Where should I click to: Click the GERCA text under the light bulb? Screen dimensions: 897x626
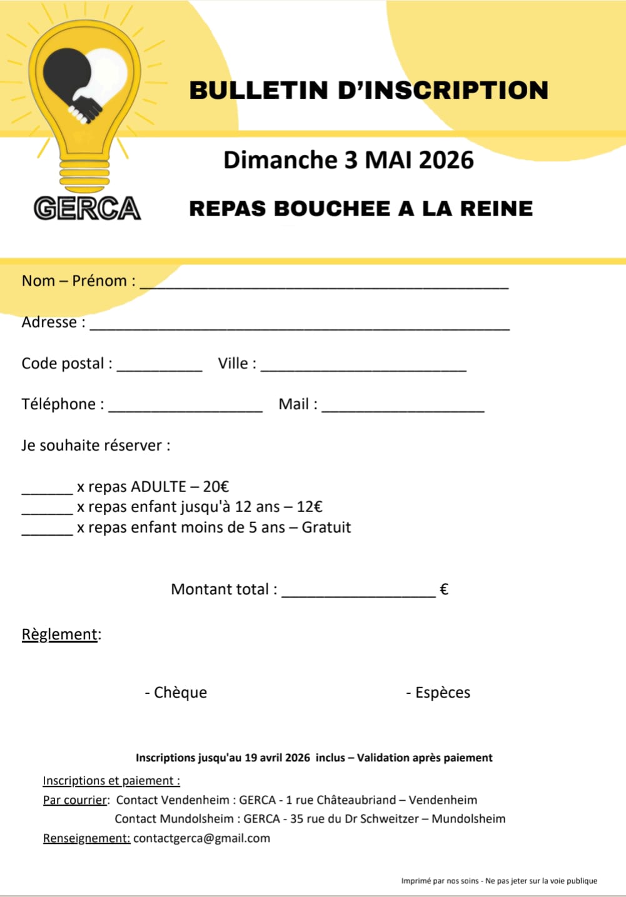88,208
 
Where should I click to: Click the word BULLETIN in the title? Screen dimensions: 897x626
258,90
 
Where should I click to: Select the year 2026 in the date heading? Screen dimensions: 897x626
446,160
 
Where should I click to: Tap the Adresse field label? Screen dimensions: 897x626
49,323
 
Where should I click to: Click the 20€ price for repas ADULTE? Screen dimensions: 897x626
216,487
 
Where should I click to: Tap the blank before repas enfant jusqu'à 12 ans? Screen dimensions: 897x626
48,511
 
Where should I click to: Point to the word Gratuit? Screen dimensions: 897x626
326,528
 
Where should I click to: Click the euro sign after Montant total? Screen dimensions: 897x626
444,589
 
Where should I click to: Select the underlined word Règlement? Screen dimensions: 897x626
60,634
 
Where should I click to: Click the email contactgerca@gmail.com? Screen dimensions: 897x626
201,838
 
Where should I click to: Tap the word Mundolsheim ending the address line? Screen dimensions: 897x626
468,819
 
